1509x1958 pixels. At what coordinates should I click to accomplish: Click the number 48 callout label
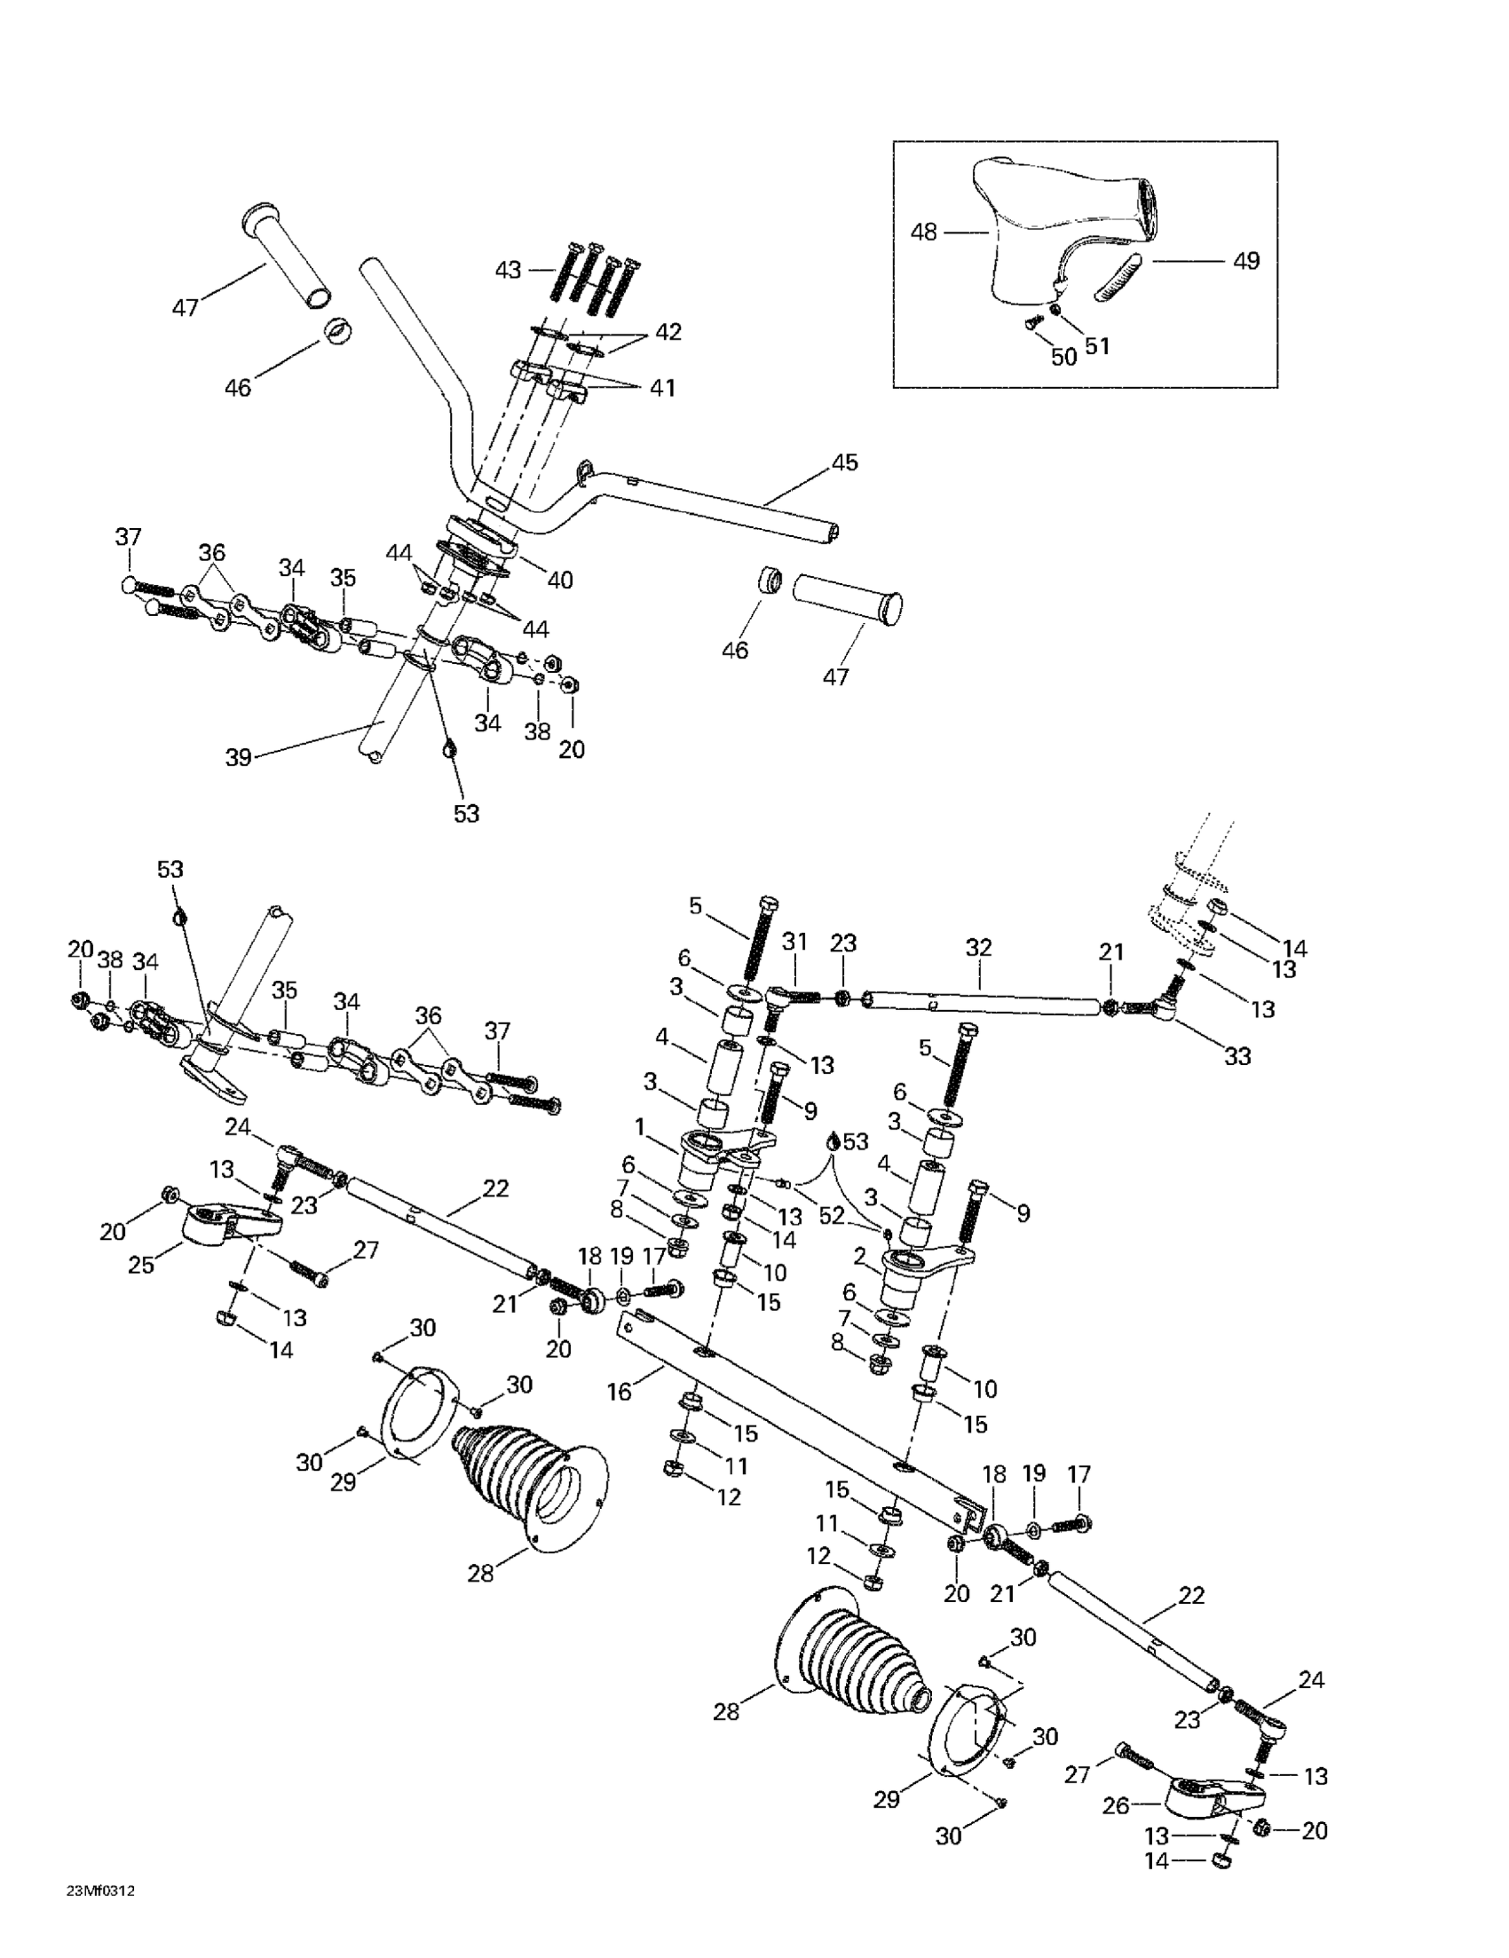(922, 233)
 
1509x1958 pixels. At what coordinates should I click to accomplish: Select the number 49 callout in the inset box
(1246, 261)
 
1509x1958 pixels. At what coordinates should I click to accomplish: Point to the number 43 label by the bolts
(509, 269)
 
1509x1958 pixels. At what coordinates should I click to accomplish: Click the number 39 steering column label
(239, 758)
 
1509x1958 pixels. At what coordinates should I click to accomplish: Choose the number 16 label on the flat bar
(620, 1393)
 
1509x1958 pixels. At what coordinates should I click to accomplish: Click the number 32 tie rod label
(979, 947)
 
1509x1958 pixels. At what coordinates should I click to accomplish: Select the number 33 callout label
(1237, 1056)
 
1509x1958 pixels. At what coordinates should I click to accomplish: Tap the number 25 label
(142, 1265)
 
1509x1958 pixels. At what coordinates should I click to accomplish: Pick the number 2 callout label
(859, 1256)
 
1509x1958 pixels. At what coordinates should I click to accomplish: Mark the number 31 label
(794, 942)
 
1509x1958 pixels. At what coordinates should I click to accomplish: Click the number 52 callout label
(832, 1215)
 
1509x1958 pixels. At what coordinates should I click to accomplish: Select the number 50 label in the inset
(1063, 357)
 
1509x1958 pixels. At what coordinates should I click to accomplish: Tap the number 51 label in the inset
(1097, 346)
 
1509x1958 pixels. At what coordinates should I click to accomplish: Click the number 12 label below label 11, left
(730, 1497)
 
